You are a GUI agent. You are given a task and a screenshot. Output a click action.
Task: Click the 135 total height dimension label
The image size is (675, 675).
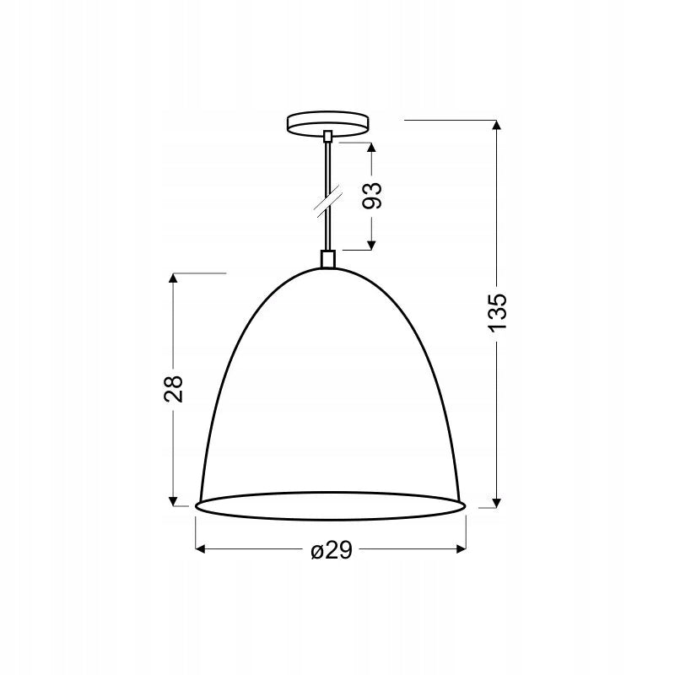(x=498, y=312)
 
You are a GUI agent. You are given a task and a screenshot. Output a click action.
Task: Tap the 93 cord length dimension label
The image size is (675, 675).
(x=372, y=196)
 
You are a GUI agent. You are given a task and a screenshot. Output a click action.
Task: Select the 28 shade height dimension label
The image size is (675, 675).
(x=174, y=389)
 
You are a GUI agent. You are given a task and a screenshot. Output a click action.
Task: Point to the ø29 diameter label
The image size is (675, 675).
(x=332, y=550)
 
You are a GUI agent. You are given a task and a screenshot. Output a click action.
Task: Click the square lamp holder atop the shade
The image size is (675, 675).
(x=328, y=259)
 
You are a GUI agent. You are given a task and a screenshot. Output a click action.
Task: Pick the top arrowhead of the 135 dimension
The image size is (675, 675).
(x=496, y=125)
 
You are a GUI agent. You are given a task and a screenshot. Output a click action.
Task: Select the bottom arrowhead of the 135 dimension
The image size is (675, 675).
(x=496, y=502)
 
